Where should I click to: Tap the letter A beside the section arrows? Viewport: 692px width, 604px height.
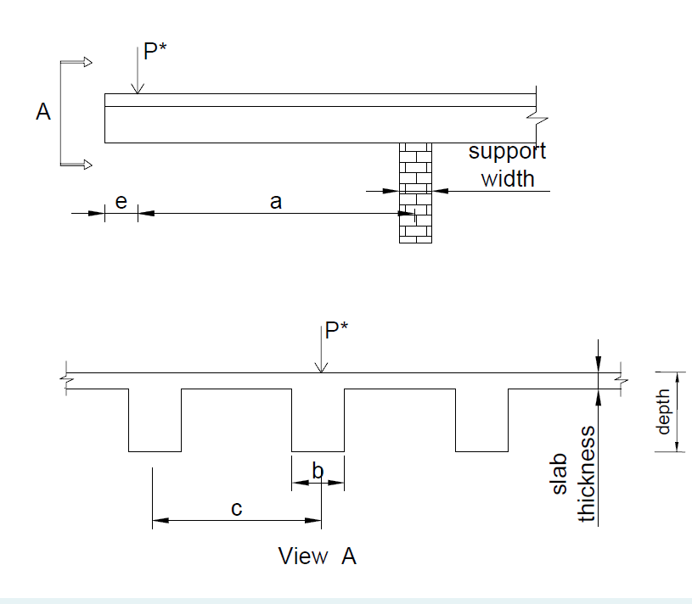[42, 111]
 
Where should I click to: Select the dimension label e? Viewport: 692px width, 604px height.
[121, 202]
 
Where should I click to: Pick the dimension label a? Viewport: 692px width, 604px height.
[275, 202]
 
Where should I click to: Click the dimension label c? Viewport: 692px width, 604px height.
[237, 508]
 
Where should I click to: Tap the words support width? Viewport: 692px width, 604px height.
[508, 165]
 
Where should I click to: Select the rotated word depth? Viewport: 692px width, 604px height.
[664, 412]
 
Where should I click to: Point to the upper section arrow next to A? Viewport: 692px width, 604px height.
[76, 61]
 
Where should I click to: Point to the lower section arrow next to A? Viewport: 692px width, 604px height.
[76, 164]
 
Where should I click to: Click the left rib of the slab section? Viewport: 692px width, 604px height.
[155, 421]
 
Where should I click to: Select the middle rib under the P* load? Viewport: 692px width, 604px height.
[318, 421]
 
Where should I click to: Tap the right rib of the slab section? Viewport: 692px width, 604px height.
[481, 421]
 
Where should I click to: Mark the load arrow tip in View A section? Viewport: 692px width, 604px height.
[320, 370]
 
